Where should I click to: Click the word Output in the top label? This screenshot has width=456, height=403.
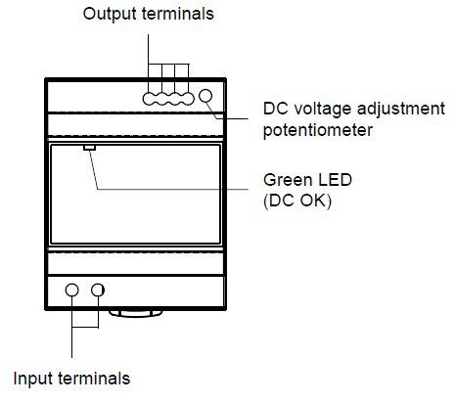[x=110, y=14]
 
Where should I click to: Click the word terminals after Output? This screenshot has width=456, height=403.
[x=178, y=14]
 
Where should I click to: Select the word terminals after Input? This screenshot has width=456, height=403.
[x=94, y=379]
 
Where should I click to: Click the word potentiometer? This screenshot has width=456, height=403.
[x=318, y=130]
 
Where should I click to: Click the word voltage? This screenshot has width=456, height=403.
[x=323, y=110]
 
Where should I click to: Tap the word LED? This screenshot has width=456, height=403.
[x=335, y=180]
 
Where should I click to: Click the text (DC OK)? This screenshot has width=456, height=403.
[x=297, y=201]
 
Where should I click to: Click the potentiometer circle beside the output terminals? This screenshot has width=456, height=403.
[x=205, y=96]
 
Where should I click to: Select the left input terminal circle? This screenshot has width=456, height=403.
[x=72, y=290]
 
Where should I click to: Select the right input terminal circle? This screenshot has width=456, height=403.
[x=98, y=290]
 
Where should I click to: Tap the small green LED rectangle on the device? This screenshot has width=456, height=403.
[x=89, y=148]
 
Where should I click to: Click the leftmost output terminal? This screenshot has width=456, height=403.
[x=149, y=99]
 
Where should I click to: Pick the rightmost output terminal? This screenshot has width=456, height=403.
[x=188, y=99]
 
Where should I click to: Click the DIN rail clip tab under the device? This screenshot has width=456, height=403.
[x=136, y=313]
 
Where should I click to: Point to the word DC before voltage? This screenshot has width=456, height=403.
[x=276, y=109]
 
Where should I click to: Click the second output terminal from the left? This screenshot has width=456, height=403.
[x=161, y=99]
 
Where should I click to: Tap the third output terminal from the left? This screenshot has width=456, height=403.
[x=175, y=99]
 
